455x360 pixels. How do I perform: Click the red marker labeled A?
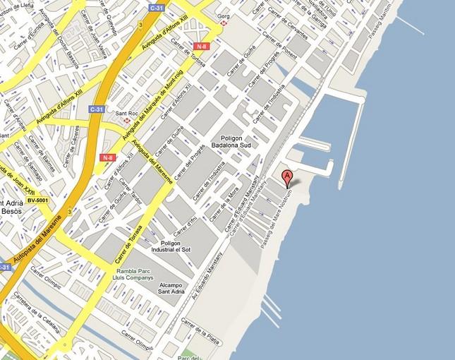click(287, 177)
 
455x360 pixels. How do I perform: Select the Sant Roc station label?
click(127, 114)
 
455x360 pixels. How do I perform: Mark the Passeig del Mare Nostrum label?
click(277, 220)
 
